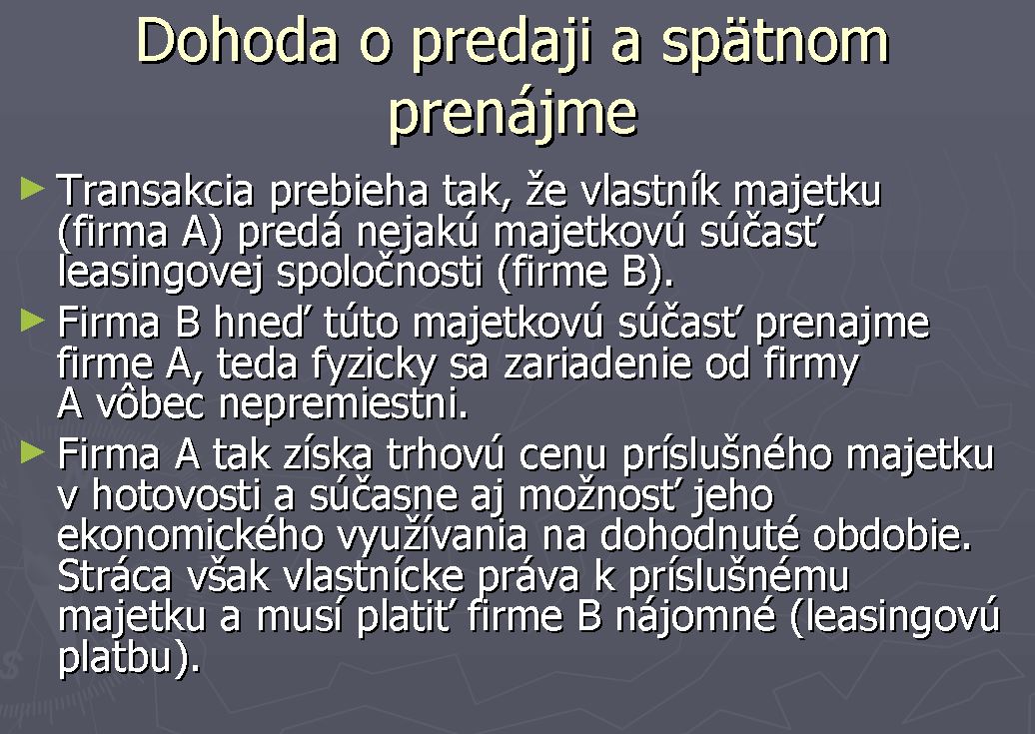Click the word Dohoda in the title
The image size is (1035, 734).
point(238,41)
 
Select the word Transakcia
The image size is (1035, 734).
point(155,191)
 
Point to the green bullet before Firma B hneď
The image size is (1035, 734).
point(32,321)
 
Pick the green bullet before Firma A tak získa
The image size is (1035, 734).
point(32,452)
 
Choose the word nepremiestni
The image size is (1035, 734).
point(344,405)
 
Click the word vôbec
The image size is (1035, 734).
point(151,403)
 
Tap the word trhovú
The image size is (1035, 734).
point(446,454)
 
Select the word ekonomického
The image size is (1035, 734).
point(191,536)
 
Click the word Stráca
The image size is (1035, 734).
point(115,576)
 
